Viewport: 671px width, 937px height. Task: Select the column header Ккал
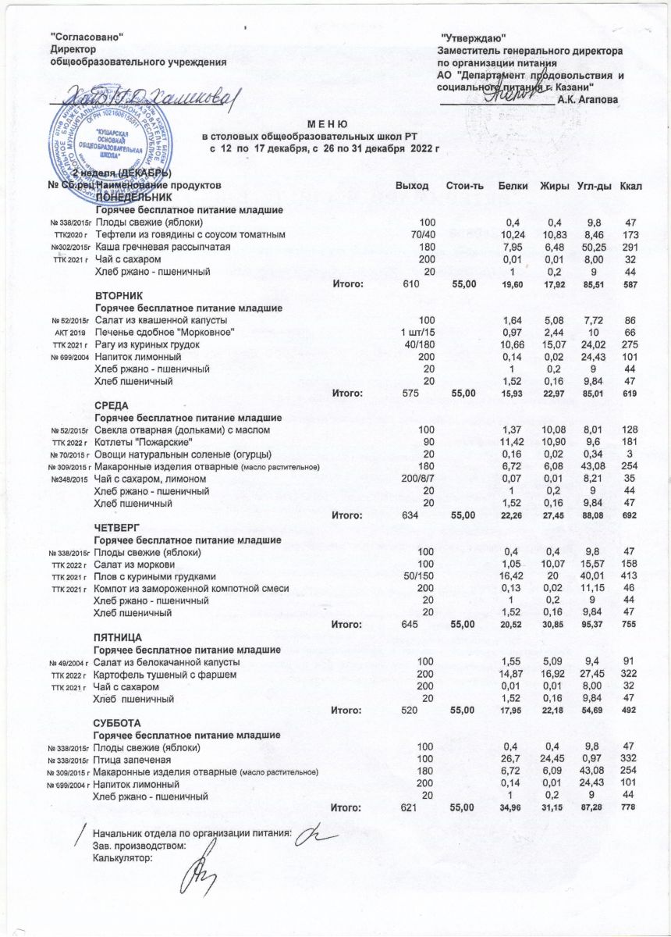click(x=630, y=185)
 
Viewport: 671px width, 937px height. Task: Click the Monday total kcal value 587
click(x=630, y=284)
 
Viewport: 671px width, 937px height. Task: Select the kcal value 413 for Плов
click(x=630, y=576)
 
